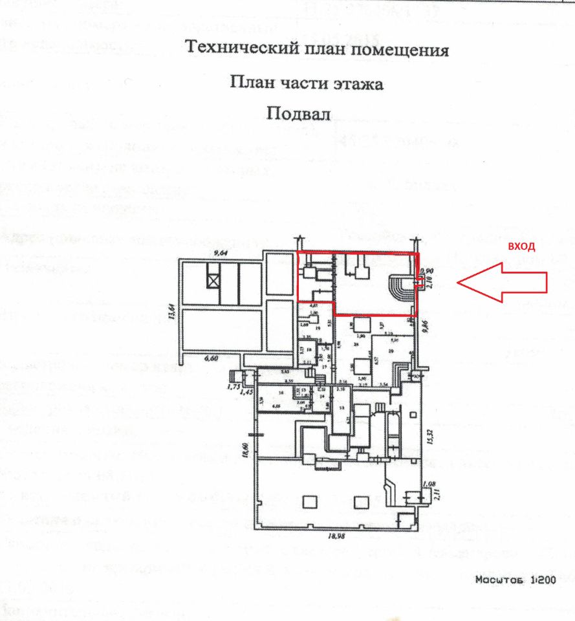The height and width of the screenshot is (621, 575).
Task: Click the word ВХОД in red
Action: pyautogui.click(x=521, y=246)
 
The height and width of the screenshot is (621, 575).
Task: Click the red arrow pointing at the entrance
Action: pyautogui.click(x=501, y=281)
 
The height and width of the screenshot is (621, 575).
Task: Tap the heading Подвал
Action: pyautogui.click(x=298, y=113)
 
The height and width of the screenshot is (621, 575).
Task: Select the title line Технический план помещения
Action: pyautogui.click(x=316, y=49)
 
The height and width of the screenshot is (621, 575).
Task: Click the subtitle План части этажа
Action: pyautogui.click(x=307, y=83)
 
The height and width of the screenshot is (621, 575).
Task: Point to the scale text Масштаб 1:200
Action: pyautogui.click(x=515, y=580)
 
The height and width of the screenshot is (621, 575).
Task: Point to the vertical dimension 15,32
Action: pyautogui.click(x=428, y=438)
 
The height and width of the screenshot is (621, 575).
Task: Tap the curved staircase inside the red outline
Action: pyautogui.click(x=402, y=287)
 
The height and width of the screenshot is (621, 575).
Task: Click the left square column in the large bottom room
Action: pyautogui.click(x=309, y=501)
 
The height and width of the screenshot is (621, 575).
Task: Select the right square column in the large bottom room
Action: pyautogui.click(x=361, y=501)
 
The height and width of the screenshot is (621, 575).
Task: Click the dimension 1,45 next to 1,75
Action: pyautogui.click(x=245, y=392)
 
